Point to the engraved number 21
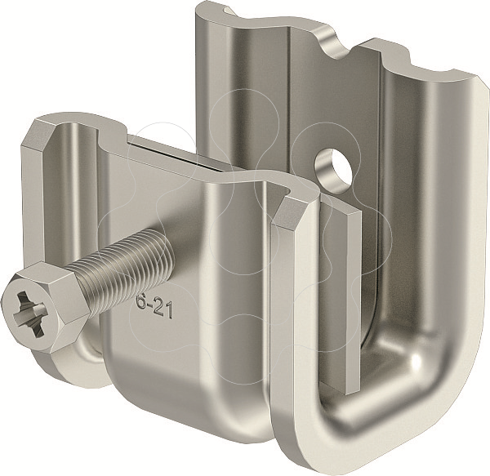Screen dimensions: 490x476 [163, 309]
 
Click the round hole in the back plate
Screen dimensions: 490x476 [333, 168]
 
